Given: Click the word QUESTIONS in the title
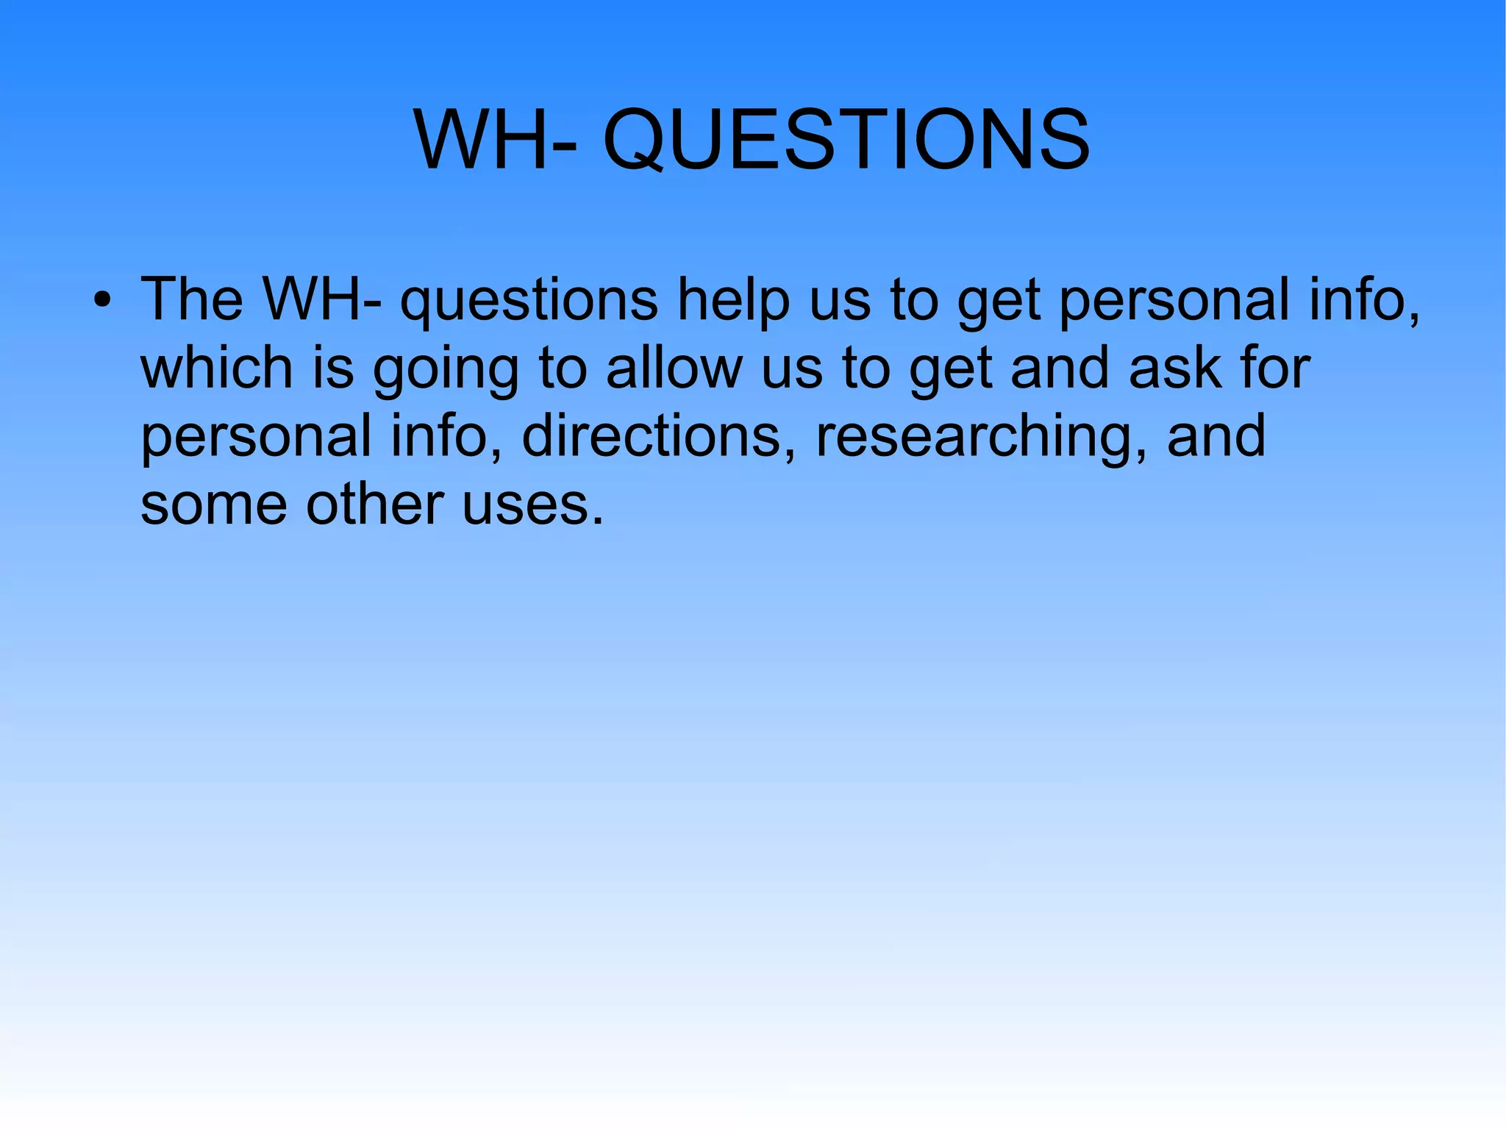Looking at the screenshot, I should (846, 140).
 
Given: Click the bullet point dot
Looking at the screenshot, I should (102, 301).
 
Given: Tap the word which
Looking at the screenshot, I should (217, 368).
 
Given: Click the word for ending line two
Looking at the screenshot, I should (1274, 368).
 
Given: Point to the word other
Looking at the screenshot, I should (375, 505).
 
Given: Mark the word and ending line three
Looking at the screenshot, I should (1216, 436).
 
